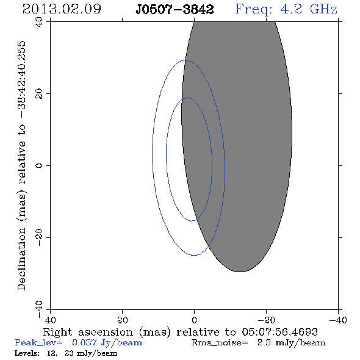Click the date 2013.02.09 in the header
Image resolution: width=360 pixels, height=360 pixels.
pos(62,9)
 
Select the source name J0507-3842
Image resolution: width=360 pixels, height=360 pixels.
pos(175,10)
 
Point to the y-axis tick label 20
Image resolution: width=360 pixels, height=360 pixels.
pos(39,94)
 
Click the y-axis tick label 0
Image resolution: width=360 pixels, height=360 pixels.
pos(39,165)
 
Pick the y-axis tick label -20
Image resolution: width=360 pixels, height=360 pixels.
pos(39,237)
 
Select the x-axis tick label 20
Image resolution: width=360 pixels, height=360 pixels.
pos(123,320)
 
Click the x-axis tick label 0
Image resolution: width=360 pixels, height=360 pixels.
pos(194,320)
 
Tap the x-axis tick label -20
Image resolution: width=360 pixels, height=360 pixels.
pos(266,320)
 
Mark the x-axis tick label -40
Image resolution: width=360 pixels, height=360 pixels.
pos(338,320)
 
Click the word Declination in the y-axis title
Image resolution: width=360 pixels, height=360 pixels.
pos(21,259)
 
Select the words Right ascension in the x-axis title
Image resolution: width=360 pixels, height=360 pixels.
pos(88,332)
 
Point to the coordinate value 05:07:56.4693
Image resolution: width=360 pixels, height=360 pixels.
pos(279,332)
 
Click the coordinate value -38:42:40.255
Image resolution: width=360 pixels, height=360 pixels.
pos(21,80)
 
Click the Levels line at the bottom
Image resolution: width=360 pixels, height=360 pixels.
pos(66,353)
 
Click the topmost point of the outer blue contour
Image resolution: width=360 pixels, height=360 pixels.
pos(185,60)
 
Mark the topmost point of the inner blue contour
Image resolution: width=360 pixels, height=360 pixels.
pos(188,98)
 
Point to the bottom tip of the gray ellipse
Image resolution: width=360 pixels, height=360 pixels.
pos(240,272)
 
